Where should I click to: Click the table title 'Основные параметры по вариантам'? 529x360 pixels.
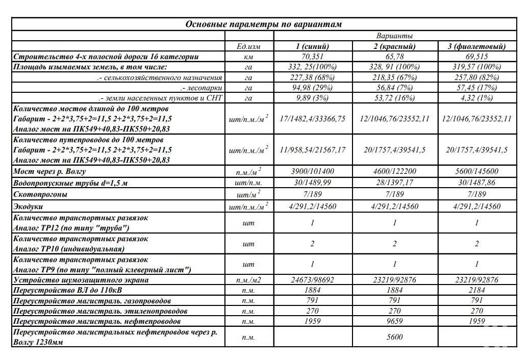[x=263, y=24]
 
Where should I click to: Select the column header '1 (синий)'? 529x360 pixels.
[x=312, y=46]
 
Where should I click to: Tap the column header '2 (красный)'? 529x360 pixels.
[x=394, y=46]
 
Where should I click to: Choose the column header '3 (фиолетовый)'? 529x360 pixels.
[x=476, y=46]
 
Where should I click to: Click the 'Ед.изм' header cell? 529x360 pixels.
[x=249, y=46]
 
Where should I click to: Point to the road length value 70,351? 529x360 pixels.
[x=312, y=57]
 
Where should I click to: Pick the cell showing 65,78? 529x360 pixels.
[x=394, y=57]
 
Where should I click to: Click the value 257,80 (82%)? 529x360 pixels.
[x=476, y=78]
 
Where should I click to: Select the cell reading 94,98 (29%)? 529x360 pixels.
[x=312, y=88]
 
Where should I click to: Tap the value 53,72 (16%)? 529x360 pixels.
[x=394, y=98]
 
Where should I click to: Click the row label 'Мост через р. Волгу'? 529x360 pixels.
[x=49, y=172]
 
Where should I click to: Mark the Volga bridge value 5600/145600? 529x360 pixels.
[x=476, y=172]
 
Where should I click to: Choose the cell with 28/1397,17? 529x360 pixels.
[x=394, y=183]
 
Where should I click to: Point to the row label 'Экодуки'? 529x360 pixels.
[x=29, y=207]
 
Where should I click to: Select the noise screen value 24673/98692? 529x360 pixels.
[x=312, y=280]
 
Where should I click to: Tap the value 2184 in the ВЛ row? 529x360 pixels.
[x=476, y=290]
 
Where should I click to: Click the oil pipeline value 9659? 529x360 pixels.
[x=394, y=321]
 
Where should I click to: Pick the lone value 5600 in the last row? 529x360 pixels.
[x=394, y=337]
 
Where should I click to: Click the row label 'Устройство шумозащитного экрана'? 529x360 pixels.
[x=81, y=280]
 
